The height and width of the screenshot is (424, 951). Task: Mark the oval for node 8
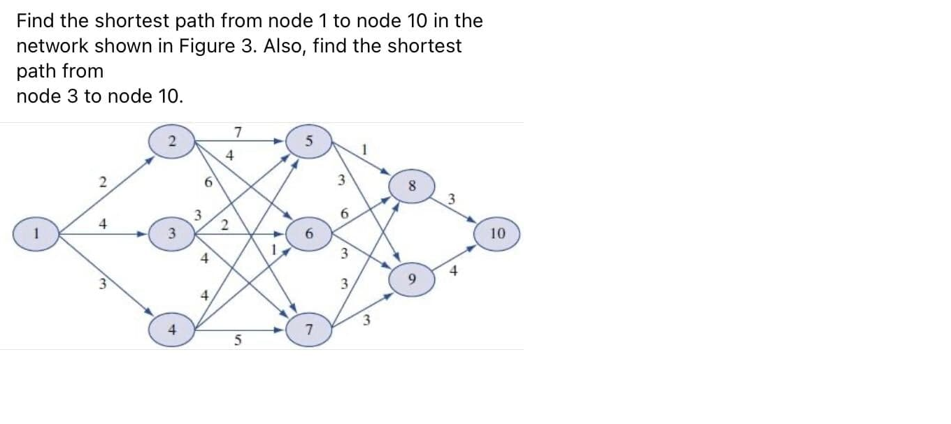coord(413,187)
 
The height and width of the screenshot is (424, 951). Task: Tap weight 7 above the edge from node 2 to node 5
coord(238,131)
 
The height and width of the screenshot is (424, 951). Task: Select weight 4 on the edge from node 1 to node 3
coord(103,225)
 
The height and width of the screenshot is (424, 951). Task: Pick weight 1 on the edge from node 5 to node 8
coord(364,149)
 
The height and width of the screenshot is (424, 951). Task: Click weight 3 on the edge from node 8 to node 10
coord(452,199)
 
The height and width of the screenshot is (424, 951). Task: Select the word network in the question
coord(52,46)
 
